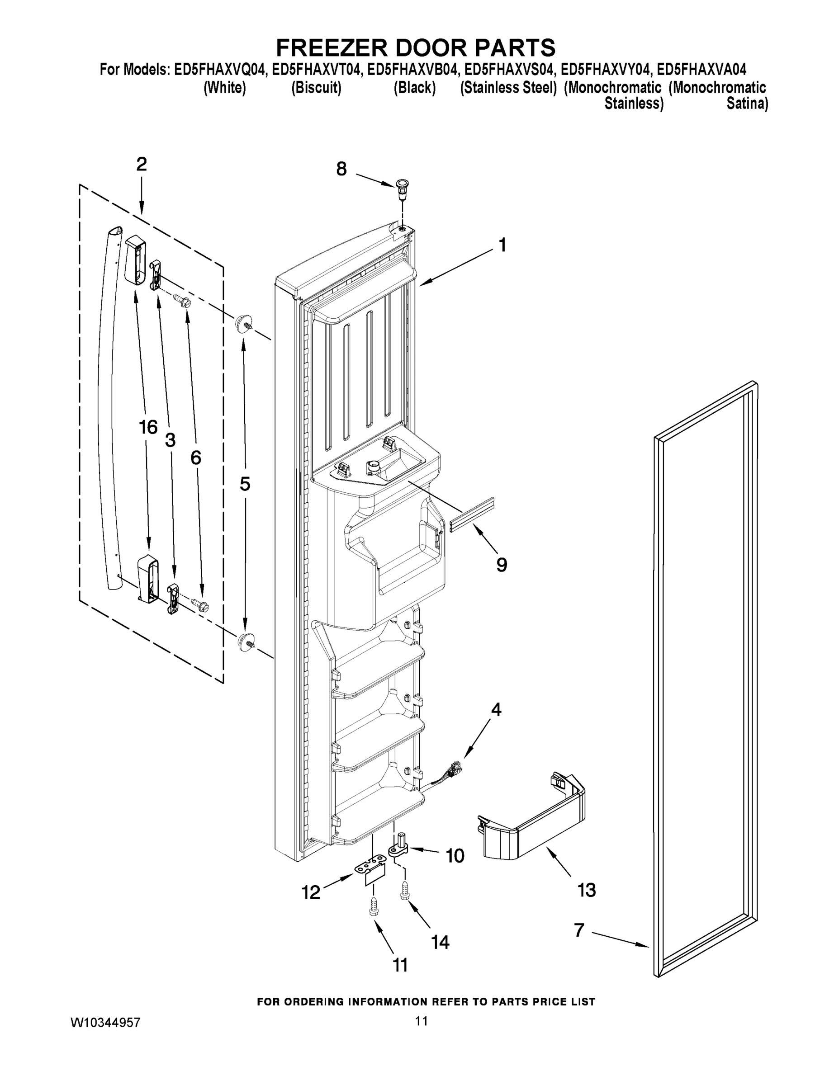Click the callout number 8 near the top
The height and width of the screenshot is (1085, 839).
[x=341, y=169]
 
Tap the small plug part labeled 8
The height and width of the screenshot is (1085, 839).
[x=401, y=188]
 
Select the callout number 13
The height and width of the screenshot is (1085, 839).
[x=586, y=890]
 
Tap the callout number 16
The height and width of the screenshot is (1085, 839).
[x=148, y=427]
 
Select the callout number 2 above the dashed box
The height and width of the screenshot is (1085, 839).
[x=142, y=165]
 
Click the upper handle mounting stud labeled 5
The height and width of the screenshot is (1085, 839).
[x=243, y=323]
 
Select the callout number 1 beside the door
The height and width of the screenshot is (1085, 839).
[x=502, y=245]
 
